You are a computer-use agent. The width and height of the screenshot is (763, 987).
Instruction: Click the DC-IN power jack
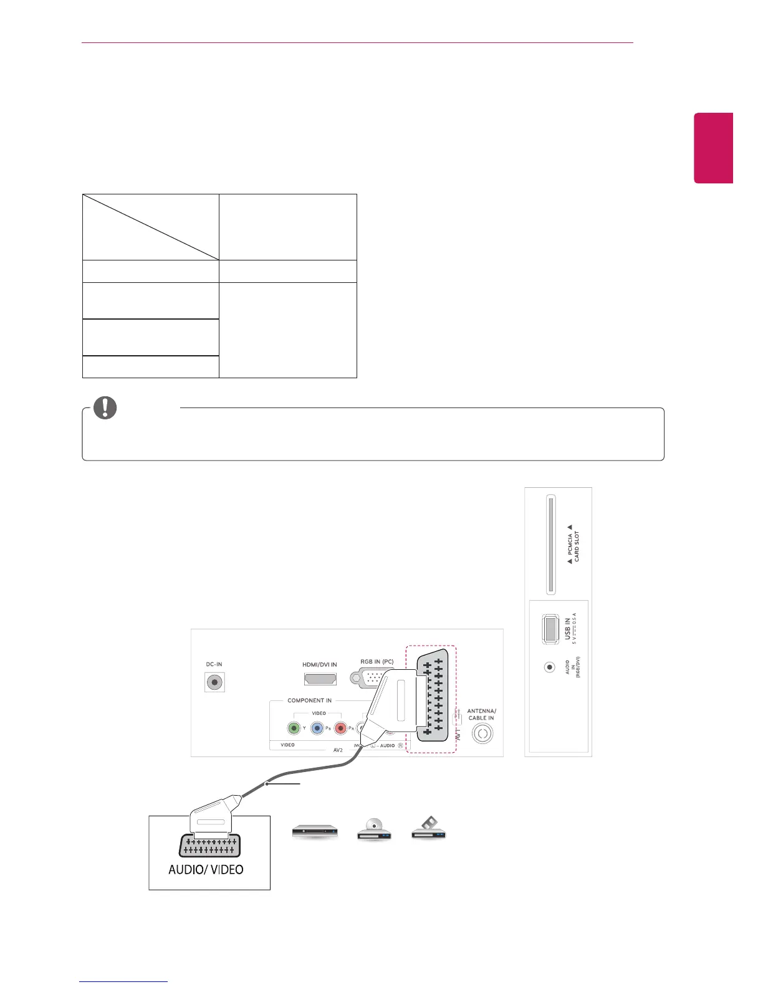(214, 682)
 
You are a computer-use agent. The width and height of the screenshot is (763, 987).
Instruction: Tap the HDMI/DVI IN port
(319, 679)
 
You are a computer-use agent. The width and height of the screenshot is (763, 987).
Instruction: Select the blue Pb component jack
(317, 728)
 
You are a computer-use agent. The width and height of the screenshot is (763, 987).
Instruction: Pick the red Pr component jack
(340, 728)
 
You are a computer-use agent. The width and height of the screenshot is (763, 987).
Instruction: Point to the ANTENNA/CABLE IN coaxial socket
(482, 733)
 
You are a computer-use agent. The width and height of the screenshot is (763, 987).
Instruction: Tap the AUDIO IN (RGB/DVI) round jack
(549, 667)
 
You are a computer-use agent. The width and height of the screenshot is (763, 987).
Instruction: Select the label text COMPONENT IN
(310, 700)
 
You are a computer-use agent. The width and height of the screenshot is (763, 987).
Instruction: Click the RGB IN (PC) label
(377, 662)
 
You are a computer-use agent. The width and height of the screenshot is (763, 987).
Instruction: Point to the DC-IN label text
(214, 664)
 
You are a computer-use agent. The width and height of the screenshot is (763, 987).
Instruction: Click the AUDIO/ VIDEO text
(206, 869)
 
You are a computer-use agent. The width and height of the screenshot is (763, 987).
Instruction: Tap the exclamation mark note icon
(105, 408)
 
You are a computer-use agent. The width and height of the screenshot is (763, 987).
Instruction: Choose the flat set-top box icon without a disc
(315, 831)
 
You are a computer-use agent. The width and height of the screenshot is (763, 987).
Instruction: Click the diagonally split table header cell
(151, 227)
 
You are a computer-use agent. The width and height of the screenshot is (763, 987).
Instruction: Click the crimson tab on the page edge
(714, 148)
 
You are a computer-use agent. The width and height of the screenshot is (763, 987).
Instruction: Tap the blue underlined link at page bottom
(124, 982)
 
